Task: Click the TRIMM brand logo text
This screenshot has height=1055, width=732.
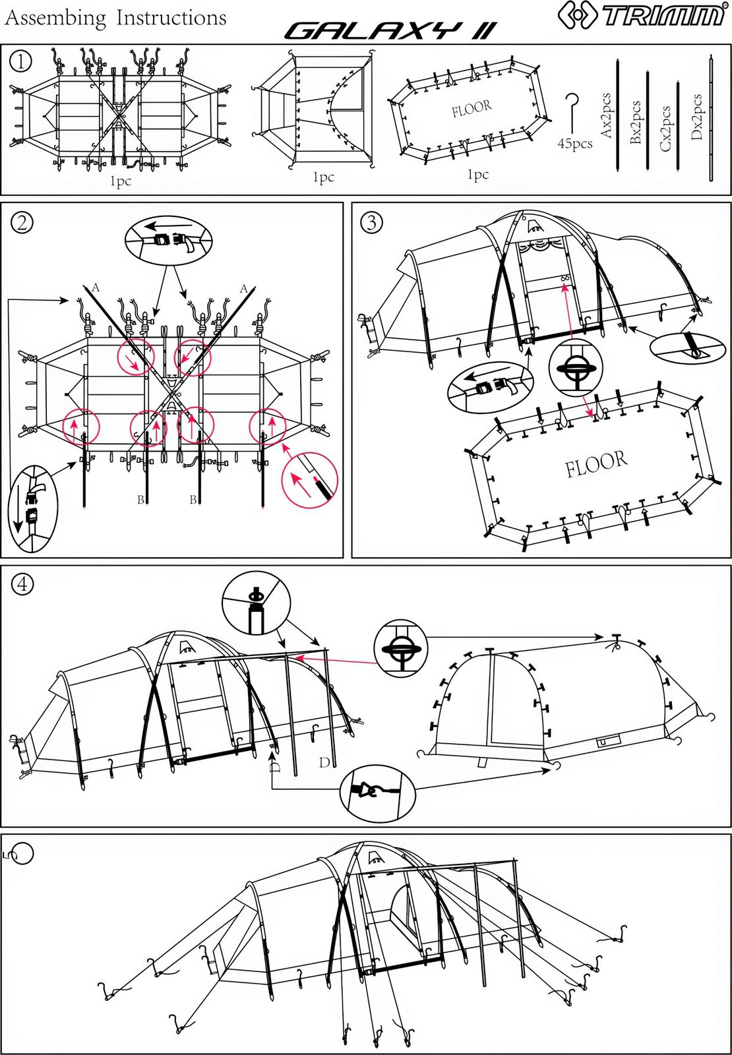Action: [x=663, y=16]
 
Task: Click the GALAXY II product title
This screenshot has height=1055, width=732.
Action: [x=389, y=30]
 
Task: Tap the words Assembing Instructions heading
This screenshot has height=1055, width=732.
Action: [x=115, y=18]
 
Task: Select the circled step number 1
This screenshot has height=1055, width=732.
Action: [x=20, y=61]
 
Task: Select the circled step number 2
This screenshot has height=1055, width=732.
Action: [x=22, y=222]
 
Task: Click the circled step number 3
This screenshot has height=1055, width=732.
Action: [x=372, y=222]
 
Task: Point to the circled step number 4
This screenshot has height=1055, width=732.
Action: [x=22, y=584]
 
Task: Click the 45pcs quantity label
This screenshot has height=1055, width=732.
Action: [x=574, y=144]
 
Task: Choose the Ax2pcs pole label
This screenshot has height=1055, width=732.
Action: [x=607, y=115]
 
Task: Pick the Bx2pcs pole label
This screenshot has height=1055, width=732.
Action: [x=636, y=122]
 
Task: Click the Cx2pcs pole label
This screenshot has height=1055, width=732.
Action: [x=665, y=129]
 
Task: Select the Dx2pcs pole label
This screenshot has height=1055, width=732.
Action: [x=696, y=117]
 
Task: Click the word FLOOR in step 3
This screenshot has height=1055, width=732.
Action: [x=595, y=464]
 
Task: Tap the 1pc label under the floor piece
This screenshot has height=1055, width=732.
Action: [x=478, y=175]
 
